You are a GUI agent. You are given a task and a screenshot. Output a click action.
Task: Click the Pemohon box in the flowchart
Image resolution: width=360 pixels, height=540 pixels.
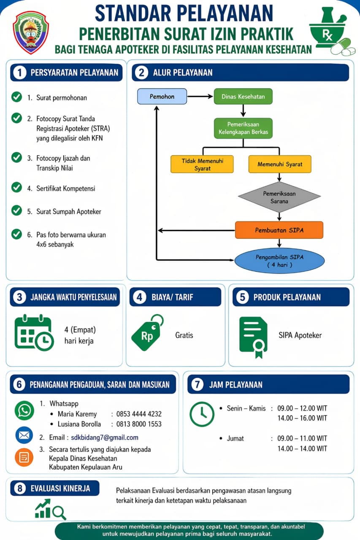click(162, 97)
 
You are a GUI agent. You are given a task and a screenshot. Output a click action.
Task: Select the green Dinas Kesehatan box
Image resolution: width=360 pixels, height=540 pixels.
click(243, 97)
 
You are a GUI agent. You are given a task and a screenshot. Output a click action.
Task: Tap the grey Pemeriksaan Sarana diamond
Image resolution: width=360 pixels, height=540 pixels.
click(279, 197)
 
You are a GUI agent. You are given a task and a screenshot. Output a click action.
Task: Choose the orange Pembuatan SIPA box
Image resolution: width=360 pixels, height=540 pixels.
click(279, 230)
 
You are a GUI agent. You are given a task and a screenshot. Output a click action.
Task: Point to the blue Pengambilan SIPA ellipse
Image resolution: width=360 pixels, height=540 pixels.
click(279, 261)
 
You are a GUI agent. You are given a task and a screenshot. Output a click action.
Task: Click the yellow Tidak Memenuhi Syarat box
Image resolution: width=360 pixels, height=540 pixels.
click(202, 164)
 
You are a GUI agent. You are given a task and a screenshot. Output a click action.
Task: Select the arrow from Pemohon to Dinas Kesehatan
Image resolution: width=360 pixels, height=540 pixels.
click(200, 97)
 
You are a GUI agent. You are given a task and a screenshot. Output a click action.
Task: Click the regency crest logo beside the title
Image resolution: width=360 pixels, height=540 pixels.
click(31, 32)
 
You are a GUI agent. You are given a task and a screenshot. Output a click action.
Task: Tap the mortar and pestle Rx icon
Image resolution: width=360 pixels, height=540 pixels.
click(332, 31)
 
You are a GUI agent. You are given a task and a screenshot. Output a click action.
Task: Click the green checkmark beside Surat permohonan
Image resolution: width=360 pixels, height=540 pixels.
click(16, 97)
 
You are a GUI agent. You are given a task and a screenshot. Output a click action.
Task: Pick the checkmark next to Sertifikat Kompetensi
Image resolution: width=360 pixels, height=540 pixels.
click(16, 188)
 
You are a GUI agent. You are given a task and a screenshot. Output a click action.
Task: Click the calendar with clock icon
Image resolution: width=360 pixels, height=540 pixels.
click(34, 332)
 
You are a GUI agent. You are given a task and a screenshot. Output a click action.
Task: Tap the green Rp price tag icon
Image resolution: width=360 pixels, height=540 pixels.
click(148, 332)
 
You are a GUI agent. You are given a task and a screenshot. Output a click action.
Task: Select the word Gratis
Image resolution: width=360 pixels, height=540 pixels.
click(184, 335)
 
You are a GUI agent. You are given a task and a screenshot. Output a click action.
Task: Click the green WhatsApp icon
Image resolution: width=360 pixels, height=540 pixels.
click(24, 410)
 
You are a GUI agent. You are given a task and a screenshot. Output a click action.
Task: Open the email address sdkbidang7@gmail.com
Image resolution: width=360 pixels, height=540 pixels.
click(105, 437)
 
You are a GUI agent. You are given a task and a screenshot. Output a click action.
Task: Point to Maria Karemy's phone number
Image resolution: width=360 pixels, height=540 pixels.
click(139, 414)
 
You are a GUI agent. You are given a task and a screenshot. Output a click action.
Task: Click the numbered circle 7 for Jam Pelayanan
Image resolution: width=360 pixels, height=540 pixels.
click(197, 384)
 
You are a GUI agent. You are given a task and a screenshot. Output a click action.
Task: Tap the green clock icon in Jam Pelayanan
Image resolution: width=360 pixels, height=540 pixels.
click(202, 414)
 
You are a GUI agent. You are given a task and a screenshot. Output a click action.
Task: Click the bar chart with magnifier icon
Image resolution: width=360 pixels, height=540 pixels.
click(50, 509)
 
